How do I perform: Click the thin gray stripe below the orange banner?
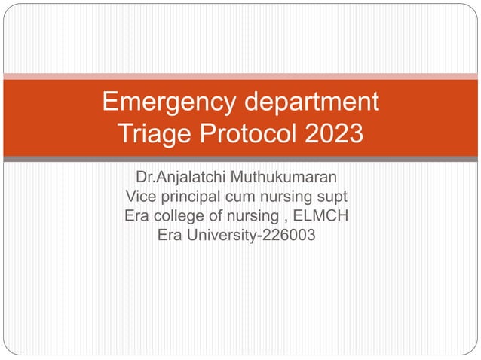[x=240, y=159]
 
